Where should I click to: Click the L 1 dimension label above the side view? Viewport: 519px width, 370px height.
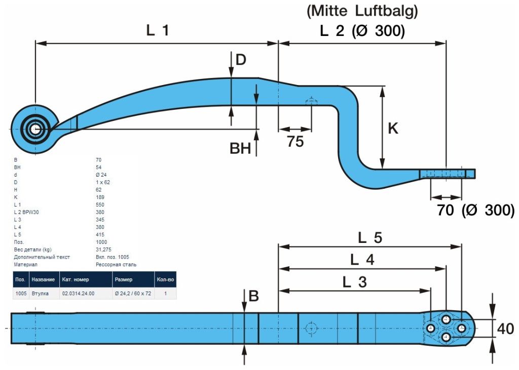[x=158, y=30]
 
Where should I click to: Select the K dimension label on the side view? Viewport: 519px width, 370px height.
[x=393, y=129]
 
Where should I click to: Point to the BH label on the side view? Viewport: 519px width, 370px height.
[x=241, y=149]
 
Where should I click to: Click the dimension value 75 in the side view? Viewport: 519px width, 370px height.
[x=295, y=141]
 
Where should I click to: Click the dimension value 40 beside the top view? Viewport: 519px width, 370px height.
[x=505, y=329]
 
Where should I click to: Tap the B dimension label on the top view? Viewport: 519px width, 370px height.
[x=253, y=297]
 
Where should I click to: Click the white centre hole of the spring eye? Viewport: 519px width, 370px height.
[x=35, y=129]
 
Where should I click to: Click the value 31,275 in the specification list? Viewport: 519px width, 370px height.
[x=104, y=250]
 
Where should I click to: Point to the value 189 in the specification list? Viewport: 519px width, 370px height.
[x=100, y=197]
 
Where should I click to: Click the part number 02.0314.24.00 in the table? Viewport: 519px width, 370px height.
[x=78, y=293]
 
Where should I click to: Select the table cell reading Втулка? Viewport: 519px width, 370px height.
[x=40, y=293]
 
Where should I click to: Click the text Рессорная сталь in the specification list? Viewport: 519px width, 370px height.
[x=116, y=264]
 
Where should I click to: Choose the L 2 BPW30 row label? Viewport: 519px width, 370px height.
[x=26, y=212]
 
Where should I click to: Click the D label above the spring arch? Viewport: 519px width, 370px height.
[x=241, y=60]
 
